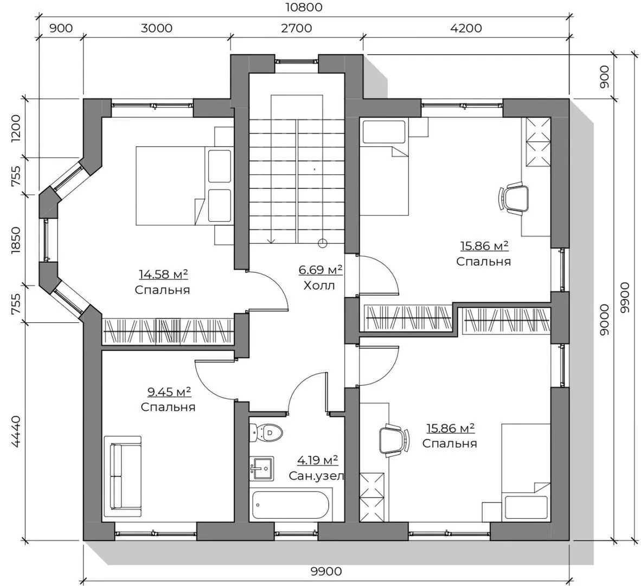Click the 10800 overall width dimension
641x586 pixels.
tap(305, 8)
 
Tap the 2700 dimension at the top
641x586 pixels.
tap(297, 28)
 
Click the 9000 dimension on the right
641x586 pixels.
tap(604, 320)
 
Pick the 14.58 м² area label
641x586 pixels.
tap(164, 274)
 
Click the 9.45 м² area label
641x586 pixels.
tap(169, 392)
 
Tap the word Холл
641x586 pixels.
tap(319, 285)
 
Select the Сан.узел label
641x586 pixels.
tap(316, 476)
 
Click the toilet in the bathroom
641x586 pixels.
tap(266, 432)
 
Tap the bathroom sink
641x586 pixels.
tap(261, 468)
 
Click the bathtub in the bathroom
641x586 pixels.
tap(291, 505)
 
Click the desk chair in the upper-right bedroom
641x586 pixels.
tap(514, 199)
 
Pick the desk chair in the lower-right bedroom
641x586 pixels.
tap(394, 440)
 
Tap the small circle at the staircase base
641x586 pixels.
tap(323, 244)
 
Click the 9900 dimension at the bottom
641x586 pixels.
tap(326, 571)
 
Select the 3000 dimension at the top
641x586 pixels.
tap(157, 28)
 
